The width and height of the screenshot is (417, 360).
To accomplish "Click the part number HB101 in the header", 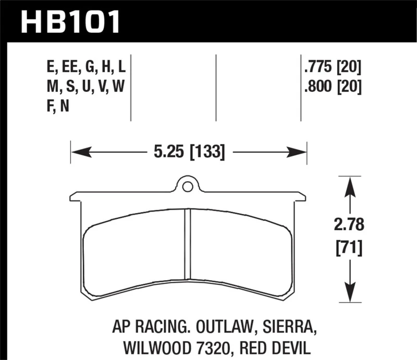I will [70, 21].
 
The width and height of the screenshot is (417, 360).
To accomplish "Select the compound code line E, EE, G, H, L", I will [85, 67].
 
